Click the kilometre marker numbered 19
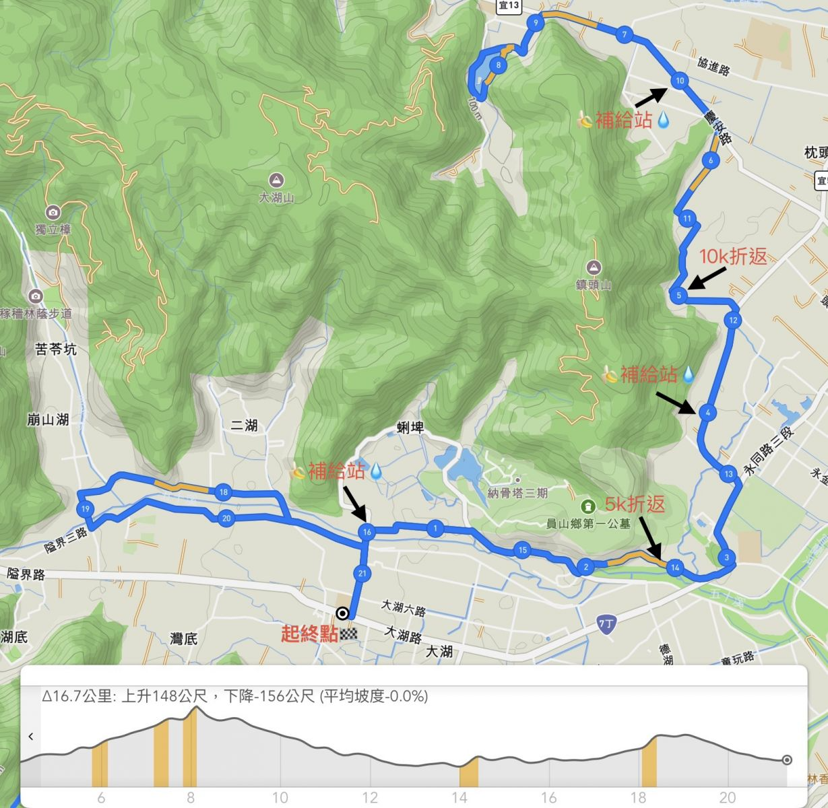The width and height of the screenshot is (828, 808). point(85,509)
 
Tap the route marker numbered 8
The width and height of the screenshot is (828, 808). point(498,65)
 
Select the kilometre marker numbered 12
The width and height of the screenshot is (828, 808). point(733,320)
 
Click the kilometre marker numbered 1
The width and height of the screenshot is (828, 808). point(436,529)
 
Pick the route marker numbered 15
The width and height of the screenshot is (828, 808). point(522,550)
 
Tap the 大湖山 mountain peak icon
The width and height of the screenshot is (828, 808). point(276,180)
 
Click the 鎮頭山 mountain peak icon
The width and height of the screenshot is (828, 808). point(594,267)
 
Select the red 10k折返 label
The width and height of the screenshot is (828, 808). point(732,257)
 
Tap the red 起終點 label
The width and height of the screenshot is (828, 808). point(309,634)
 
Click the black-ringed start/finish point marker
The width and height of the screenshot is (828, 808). point(342,613)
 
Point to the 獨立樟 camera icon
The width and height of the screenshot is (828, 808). point(53,212)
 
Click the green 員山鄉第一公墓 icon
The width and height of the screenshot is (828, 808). point(587,506)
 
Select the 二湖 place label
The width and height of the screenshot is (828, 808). point(244,426)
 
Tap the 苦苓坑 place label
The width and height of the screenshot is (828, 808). point(56,349)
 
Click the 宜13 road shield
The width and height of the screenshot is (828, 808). point(509,5)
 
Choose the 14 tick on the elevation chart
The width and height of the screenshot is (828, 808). point(459,797)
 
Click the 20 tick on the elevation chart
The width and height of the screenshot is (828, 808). point(728,797)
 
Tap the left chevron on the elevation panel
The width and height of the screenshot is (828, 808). point(31,737)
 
